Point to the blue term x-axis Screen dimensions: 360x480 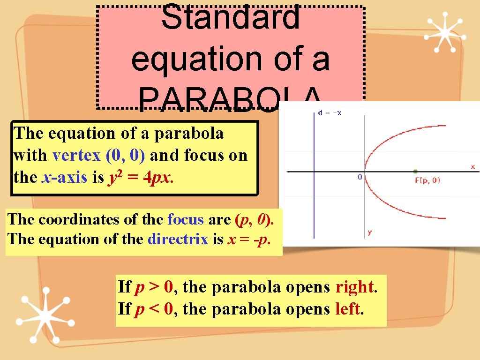click(x=64, y=178)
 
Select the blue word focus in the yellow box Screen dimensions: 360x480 click(x=186, y=219)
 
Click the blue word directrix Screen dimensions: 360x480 click(x=178, y=240)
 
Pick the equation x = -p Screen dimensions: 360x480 click(x=249, y=240)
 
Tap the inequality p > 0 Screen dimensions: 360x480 click(x=154, y=287)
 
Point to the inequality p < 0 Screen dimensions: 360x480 click(x=154, y=309)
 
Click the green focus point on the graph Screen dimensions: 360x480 click(x=415, y=171)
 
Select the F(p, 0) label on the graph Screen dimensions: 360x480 click(x=427, y=180)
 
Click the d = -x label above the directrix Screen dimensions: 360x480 click(x=330, y=113)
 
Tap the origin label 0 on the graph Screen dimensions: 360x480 click(x=360, y=177)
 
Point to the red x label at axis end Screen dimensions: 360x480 click(x=472, y=166)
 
